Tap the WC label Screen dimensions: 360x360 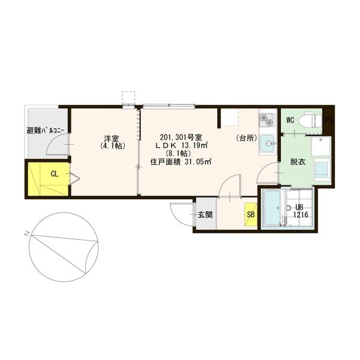coord(290,120)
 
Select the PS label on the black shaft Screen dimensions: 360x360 coord(329,120)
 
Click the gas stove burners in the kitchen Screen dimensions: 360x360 coord(267,119)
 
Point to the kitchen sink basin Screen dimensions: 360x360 coord(268,143)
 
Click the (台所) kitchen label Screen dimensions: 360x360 coord(247,138)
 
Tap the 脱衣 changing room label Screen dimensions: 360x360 coord(298,162)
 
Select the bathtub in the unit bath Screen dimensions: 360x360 coord(272,208)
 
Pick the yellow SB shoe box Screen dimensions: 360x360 coord(251,214)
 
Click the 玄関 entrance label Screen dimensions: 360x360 coord(205,215)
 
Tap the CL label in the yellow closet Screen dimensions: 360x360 coord(55,174)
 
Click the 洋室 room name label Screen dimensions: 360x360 coord(112,139)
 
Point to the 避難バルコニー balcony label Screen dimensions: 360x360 coord(46,131)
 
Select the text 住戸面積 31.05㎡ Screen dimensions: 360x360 coord(181,161)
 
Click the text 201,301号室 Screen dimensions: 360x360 coord(181,137)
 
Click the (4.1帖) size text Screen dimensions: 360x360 coord(113,146)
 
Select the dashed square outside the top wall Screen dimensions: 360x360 coord(128,98)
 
